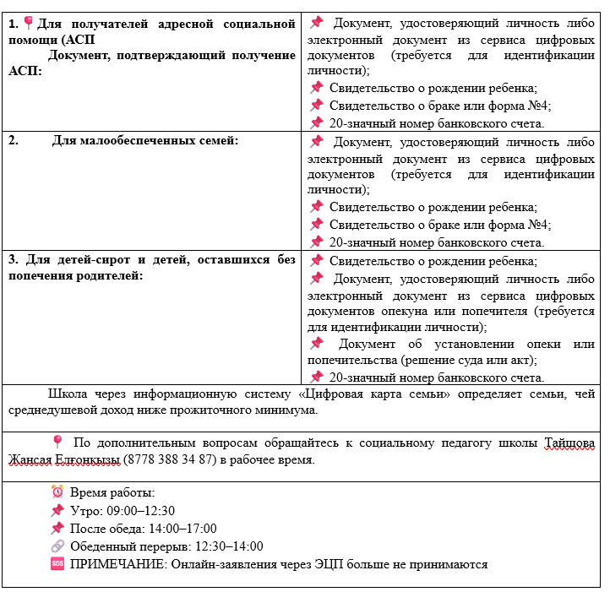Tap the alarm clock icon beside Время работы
57,492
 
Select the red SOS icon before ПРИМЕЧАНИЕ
57,563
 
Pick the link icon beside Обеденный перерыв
57,546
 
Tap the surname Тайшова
569,443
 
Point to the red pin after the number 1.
28,22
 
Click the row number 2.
14,140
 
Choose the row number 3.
14,259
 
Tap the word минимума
291,410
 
